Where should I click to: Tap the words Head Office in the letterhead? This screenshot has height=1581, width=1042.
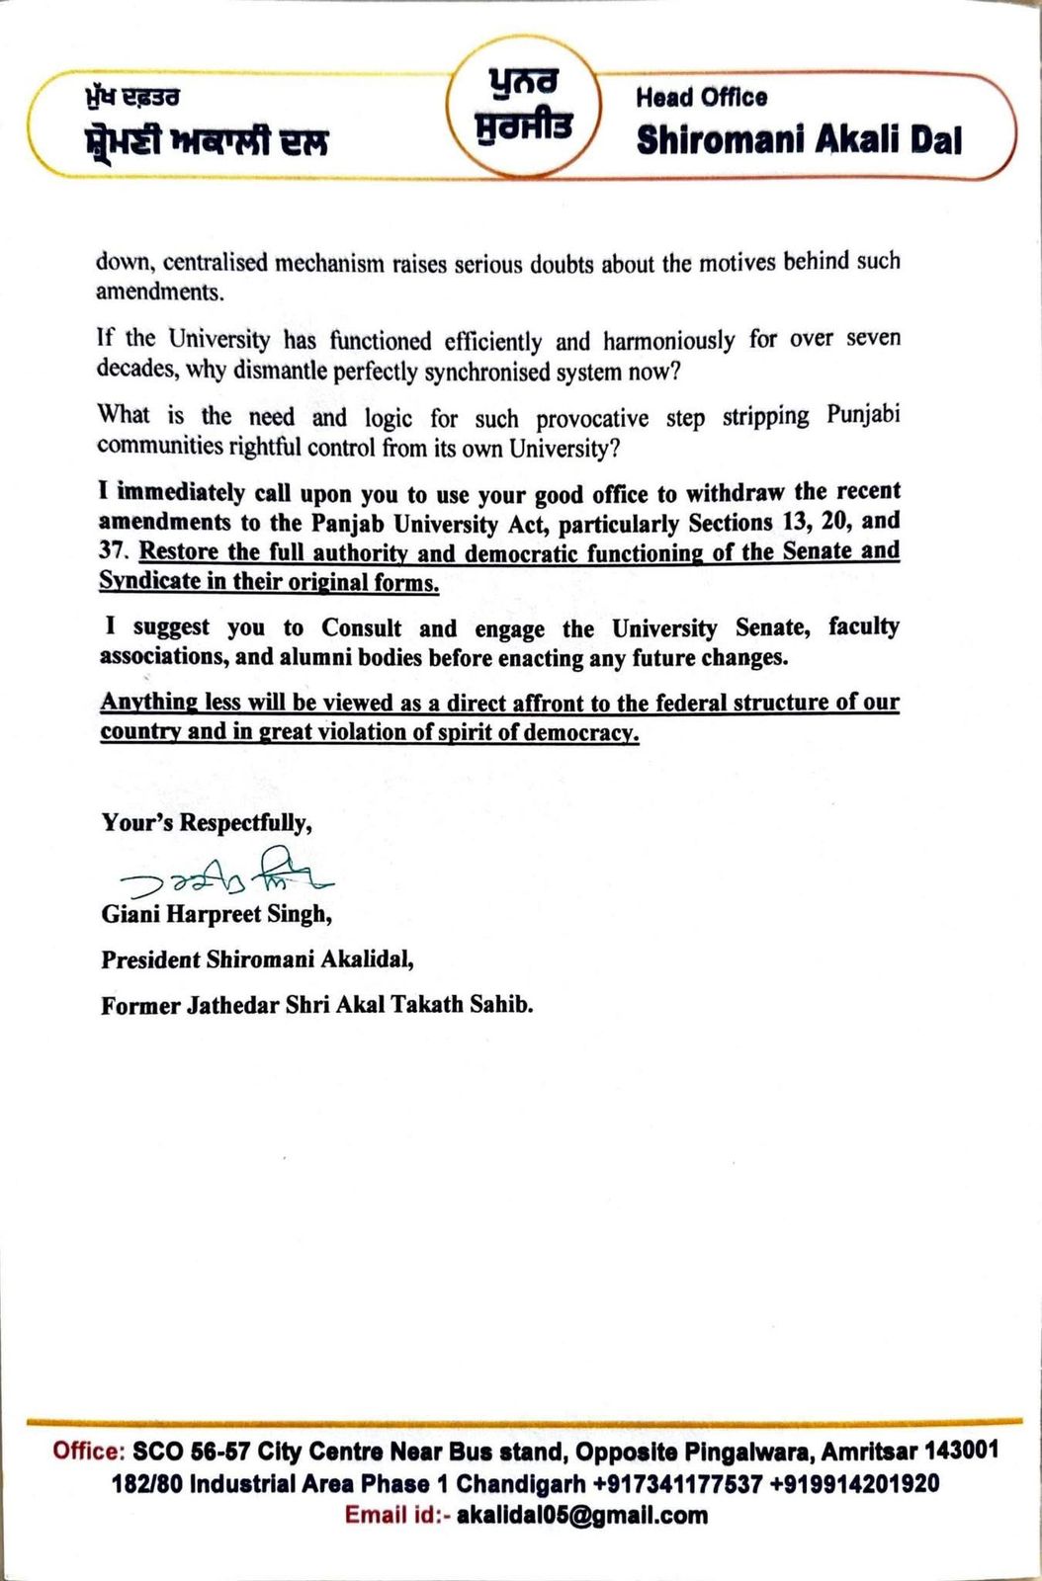701,97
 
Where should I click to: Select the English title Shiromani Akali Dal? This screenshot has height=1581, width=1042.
799,140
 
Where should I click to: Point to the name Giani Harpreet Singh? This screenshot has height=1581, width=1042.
217,914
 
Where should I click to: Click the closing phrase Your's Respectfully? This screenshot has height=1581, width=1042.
207,822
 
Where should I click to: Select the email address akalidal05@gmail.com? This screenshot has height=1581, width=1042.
582,1515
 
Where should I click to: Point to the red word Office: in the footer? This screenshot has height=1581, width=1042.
89,1452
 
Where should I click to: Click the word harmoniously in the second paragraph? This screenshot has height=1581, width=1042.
668,342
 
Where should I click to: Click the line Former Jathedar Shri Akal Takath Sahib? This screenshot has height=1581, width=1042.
316,1005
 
